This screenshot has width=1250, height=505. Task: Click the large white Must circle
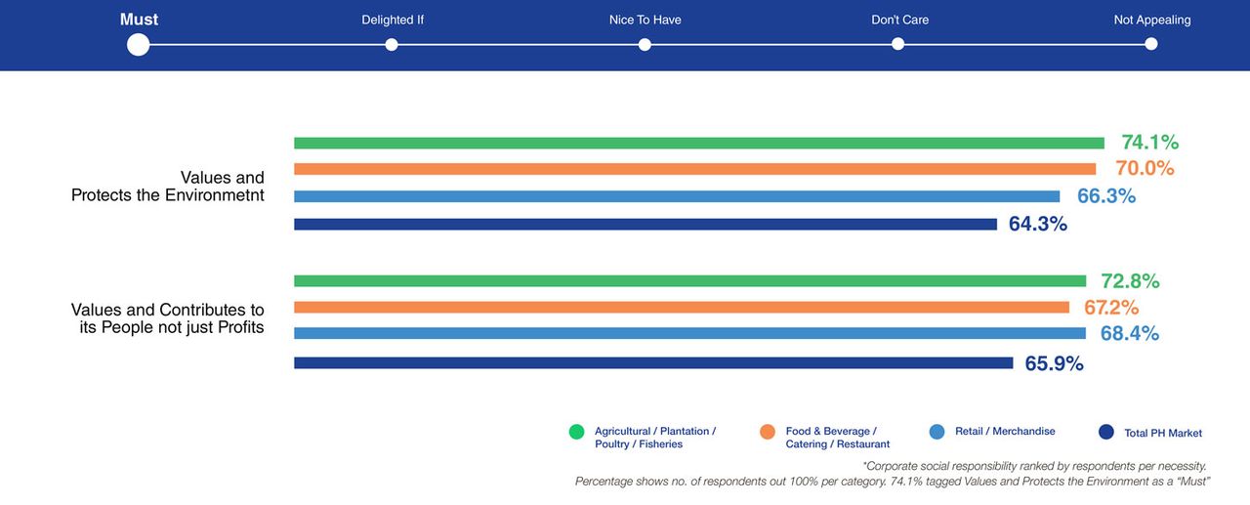click(x=138, y=44)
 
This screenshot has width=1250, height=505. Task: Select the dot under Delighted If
click(x=392, y=44)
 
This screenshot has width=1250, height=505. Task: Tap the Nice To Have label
click(x=645, y=20)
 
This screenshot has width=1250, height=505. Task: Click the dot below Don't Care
click(x=897, y=44)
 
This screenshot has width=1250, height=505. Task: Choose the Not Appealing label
click(x=1151, y=20)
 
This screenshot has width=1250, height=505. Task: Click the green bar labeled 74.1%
click(x=698, y=143)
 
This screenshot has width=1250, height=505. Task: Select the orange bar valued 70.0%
click(x=694, y=169)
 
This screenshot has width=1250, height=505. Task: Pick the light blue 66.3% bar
click(x=676, y=196)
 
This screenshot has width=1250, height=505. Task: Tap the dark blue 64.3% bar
click(x=645, y=224)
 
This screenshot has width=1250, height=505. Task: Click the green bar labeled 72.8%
click(x=689, y=281)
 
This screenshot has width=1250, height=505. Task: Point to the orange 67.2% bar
click(x=681, y=308)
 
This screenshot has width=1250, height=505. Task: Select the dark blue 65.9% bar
click(x=652, y=363)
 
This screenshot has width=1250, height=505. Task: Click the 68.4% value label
click(x=1129, y=334)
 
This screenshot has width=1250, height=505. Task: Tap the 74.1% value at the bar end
click(x=1150, y=143)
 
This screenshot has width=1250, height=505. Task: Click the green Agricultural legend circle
click(x=576, y=432)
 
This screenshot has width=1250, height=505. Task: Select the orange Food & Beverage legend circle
click(x=768, y=432)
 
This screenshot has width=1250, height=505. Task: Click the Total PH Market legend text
click(x=1163, y=433)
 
